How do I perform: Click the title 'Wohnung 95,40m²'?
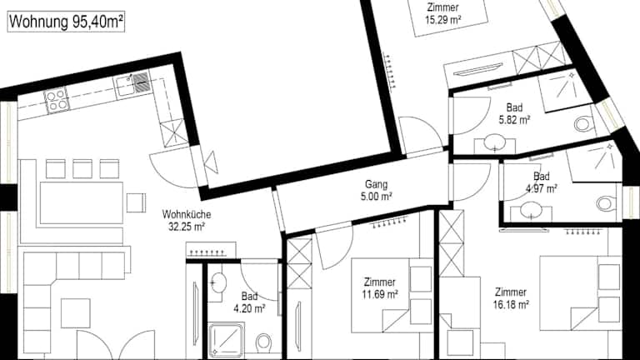click(66, 22)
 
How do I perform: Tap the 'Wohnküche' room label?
click(187, 214)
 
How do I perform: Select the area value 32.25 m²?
click(187, 227)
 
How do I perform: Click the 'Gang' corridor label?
click(377, 184)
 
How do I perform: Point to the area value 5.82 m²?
click(514, 120)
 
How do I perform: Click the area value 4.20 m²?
click(249, 308)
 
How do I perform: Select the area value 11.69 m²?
click(380, 294)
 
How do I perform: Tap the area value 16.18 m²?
click(511, 304)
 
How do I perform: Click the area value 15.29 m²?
click(442, 20)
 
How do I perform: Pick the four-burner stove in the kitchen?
click(57, 100)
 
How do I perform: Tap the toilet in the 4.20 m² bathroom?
click(263, 342)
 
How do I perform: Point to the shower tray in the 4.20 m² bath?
click(226, 340)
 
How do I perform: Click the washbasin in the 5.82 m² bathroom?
click(495, 142)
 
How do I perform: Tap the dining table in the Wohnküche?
click(81, 202)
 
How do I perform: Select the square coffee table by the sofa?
click(76, 313)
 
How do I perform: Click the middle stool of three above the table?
click(82, 169)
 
